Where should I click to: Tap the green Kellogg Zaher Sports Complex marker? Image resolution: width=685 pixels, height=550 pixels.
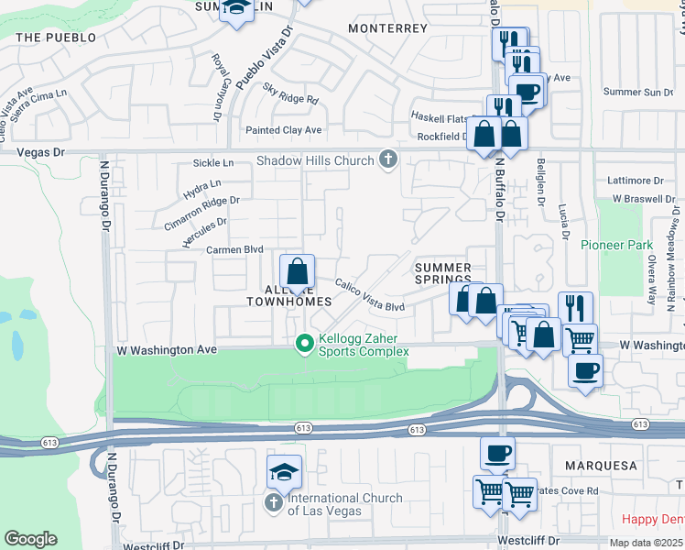point(306,345)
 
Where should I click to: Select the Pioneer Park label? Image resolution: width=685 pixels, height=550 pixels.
point(616,245)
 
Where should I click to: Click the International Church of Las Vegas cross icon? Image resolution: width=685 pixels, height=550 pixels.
point(273,503)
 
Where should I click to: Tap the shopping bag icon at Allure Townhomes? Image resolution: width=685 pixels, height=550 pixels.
point(297,272)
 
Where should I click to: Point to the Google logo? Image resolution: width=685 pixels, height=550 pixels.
point(30,539)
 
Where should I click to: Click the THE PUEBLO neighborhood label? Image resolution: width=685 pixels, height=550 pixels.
point(56,38)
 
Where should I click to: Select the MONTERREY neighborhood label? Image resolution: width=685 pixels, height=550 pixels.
point(388,28)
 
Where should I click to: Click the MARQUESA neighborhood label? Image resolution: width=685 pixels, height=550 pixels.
point(601,466)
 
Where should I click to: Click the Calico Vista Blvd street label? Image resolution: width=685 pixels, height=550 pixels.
point(369,294)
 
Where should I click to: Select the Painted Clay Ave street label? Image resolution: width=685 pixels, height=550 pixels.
point(283,130)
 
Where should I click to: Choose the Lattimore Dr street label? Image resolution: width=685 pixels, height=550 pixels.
point(644,181)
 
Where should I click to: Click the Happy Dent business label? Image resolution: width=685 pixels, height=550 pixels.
point(647,519)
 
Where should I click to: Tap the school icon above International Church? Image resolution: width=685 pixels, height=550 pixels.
point(285,473)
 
